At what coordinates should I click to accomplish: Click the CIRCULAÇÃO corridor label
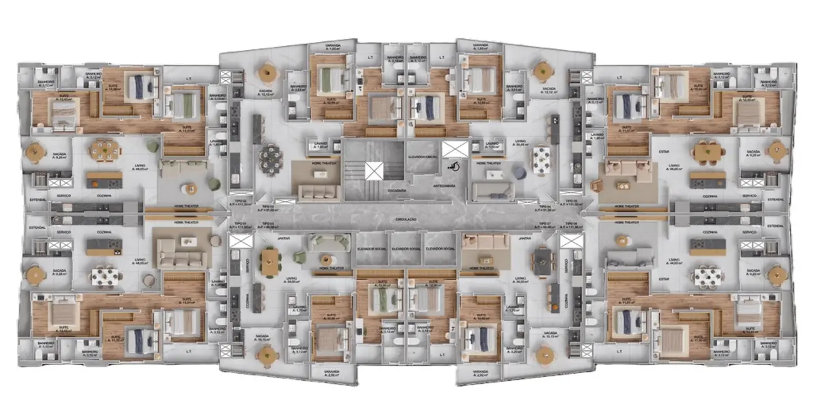406,220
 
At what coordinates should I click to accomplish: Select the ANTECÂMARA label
445,185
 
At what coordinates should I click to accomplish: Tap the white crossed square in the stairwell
374,170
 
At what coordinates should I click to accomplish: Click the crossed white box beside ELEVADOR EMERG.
455,150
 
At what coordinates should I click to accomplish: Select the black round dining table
271,153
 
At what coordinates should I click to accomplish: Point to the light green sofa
325,242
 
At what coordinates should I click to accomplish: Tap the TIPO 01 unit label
238,224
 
